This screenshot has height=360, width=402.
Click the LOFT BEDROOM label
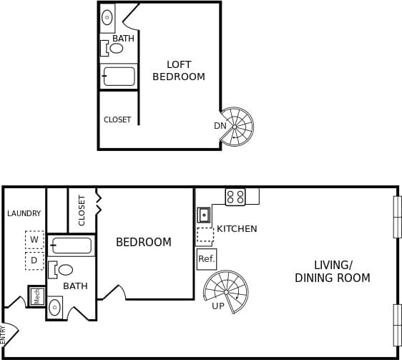tap(179, 70)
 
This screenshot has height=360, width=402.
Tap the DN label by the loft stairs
tap(220, 126)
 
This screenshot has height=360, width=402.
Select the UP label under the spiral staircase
tap(218, 306)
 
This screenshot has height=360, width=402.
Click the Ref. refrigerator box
tap(206, 259)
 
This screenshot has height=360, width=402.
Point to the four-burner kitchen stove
tap(235, 197)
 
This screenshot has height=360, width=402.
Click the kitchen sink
tap(205, 215)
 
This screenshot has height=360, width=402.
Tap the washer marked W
tap(34, 240)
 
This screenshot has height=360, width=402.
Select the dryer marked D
tap(34, 261)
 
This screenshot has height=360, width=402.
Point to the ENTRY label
tap(4, 334)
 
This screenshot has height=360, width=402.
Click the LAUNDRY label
tap(24, 213)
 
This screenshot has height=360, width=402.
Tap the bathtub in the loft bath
tap(119, 76)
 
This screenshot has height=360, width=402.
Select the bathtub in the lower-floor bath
tap(72, 245)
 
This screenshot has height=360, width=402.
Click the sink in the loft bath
tap(107, 18)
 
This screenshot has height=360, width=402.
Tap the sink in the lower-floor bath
tap(55, 308)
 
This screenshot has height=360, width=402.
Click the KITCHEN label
tap(237, 229)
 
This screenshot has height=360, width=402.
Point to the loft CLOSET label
tap(117, 120)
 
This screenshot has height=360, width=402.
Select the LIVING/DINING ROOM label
tap(333, 271)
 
